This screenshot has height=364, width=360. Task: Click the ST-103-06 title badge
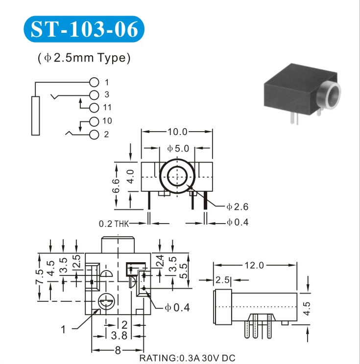pyautogui.click(x=84, y=29)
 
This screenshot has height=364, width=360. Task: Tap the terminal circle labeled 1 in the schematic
pyautogui.click(x=95, y=82)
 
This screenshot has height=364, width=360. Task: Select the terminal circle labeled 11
pyautogui.click(x=95, y=107)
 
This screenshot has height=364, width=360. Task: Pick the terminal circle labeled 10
pyautogui.click(x=95, y=121)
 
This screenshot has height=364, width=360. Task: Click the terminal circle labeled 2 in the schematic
pyautogui.click(x=95, y=134)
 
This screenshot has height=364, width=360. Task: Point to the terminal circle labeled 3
pyautogui.click(x=95, y=94)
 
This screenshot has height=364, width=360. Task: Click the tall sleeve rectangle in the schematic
pyautogui.click(x=35, y=115)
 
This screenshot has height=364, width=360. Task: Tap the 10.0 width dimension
pyautogui.click(x=177, y=132)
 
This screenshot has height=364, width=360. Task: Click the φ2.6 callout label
pyautogui.click(x=238, y=206)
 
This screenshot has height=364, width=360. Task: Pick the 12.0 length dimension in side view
pyautogui.click(x=255, y=265)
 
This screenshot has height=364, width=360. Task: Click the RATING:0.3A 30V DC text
pyautogui.click(x=187, y=358)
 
